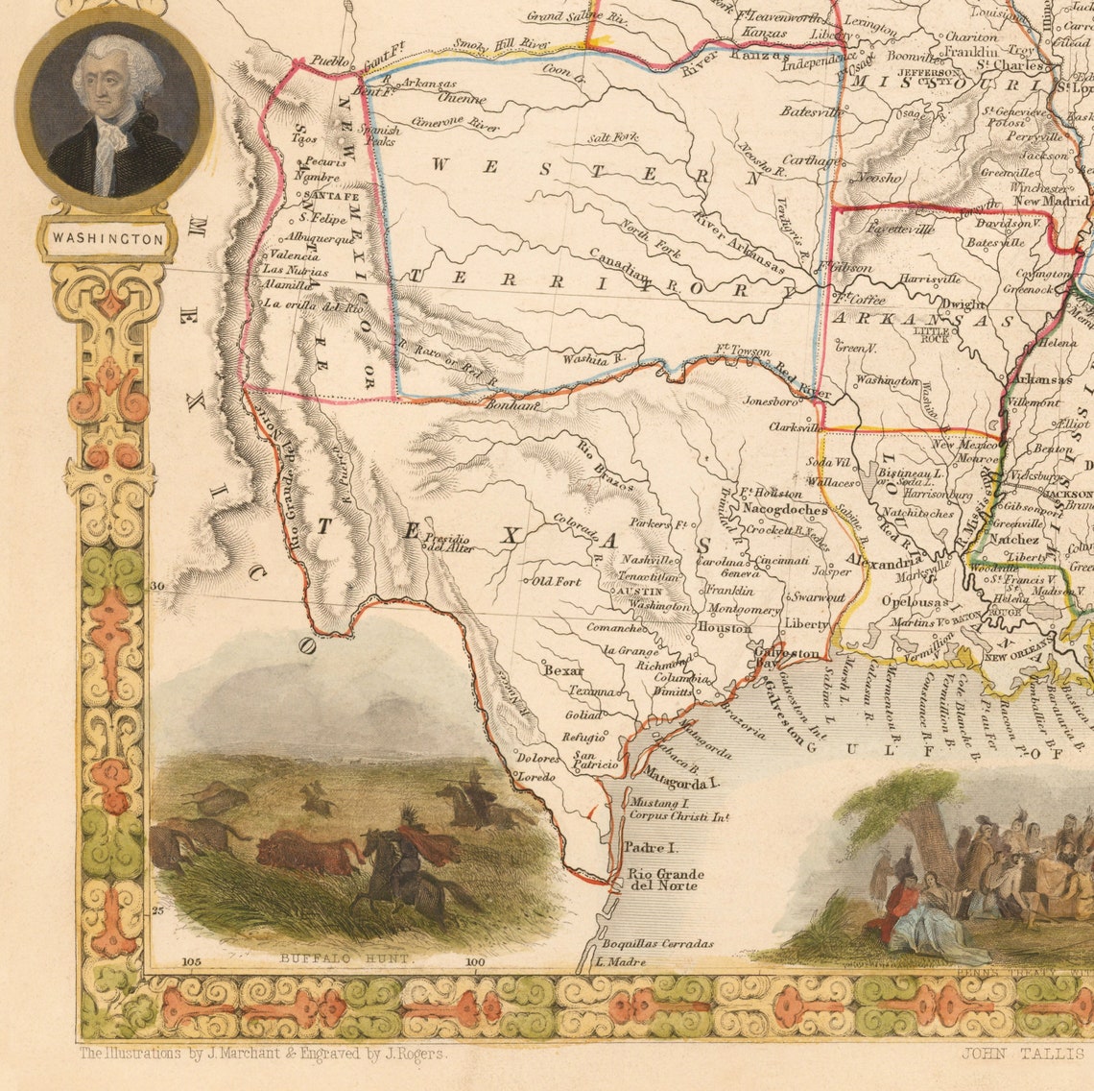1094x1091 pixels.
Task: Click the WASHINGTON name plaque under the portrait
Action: [x=107, y=238]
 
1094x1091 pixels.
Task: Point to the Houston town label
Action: [x=724, y=627]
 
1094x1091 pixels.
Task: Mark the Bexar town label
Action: [x=563, y=670]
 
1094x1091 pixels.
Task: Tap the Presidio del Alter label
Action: [x=451, y=544]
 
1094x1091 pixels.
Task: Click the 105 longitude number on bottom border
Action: [x=191, y=960]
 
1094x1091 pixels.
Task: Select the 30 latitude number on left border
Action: [x=158, y=585]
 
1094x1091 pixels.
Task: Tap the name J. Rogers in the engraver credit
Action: [x=424, y=1053]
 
